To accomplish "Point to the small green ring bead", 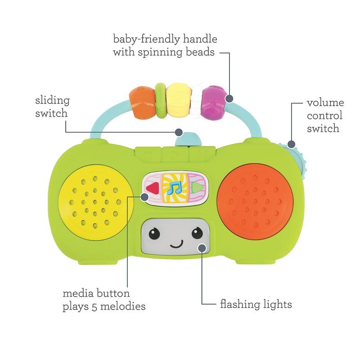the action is click(x=161, y=100).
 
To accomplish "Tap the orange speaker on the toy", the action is click(x=255, y=201).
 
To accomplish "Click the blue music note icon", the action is click(x=174, y=188).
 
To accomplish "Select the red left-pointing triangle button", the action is click(x=152, y=188).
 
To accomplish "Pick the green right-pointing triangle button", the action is click(x=197, y=187).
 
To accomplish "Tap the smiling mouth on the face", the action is click(x=177, y=245).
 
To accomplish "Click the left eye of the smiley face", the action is click(x=154, y=233).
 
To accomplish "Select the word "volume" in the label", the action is click(x=325, y=103).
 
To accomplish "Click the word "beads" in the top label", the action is click(x=200, y=52).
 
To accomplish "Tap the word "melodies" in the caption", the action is click(x=123, y=306).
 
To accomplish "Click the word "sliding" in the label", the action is click(x=53, y=101).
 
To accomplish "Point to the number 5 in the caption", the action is click(x=94, y=307).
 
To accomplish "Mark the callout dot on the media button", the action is click(x=144, y=197).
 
